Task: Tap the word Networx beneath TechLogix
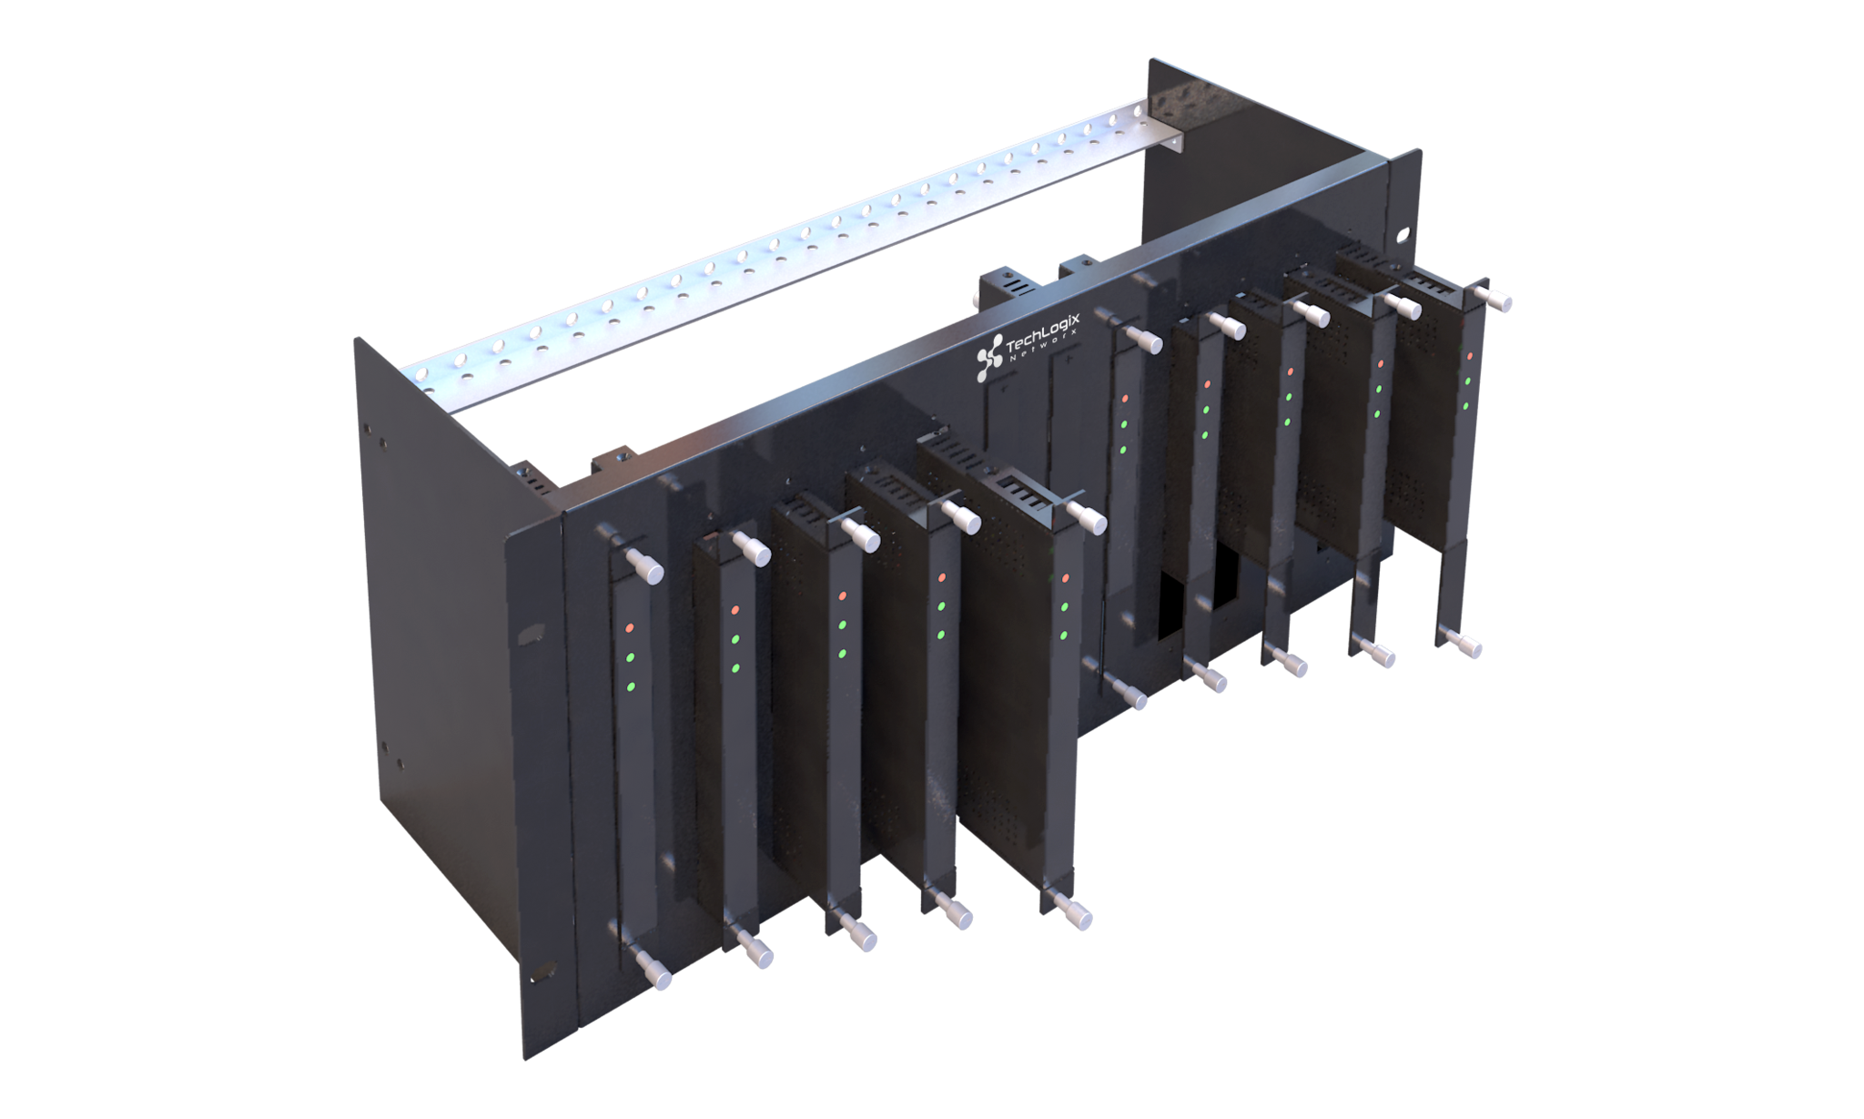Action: (x=1045, y=347)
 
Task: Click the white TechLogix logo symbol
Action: (x=989, y=358)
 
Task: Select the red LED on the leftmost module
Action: (x=630, y=628)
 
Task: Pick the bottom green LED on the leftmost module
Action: (x=631, y=687)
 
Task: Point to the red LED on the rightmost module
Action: (x=1470, y=356)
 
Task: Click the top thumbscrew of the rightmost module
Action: (x=1494, y=300)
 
